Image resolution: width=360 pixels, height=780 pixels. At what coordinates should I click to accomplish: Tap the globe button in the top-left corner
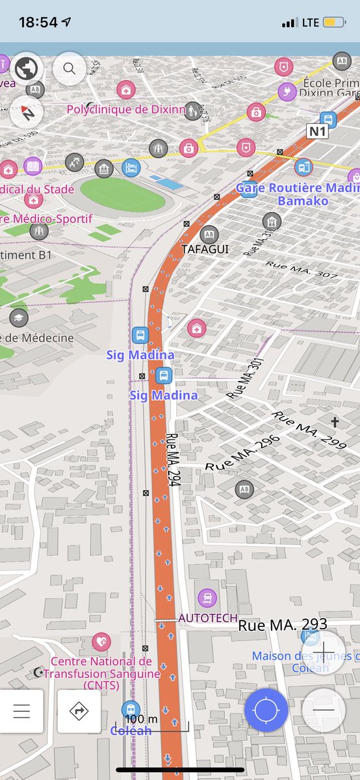click(x=26, y=68)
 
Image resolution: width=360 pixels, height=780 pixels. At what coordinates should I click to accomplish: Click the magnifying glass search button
click(x=69, y=68)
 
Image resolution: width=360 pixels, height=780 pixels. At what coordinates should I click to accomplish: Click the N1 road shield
click(x=318, y=131)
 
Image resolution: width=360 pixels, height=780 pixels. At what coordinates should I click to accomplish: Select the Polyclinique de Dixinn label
click(x=126, y=109)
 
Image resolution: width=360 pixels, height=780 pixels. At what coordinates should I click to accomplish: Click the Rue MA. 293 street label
click(x=283, y=626)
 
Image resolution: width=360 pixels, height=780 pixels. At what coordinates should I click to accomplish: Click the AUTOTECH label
click(x=207, y=617)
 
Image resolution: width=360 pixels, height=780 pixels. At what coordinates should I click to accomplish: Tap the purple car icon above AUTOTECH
click(x=207, y=596)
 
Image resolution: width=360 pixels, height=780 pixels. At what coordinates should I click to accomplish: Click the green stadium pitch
click(x=122, y=194)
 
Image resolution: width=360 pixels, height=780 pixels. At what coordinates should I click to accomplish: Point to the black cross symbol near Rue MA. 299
click(x=335, y=422)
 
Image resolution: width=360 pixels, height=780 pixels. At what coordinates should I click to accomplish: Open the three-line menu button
click(x=22, y=711)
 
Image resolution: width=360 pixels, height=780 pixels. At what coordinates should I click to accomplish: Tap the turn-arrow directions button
click(x=79, y=711)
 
